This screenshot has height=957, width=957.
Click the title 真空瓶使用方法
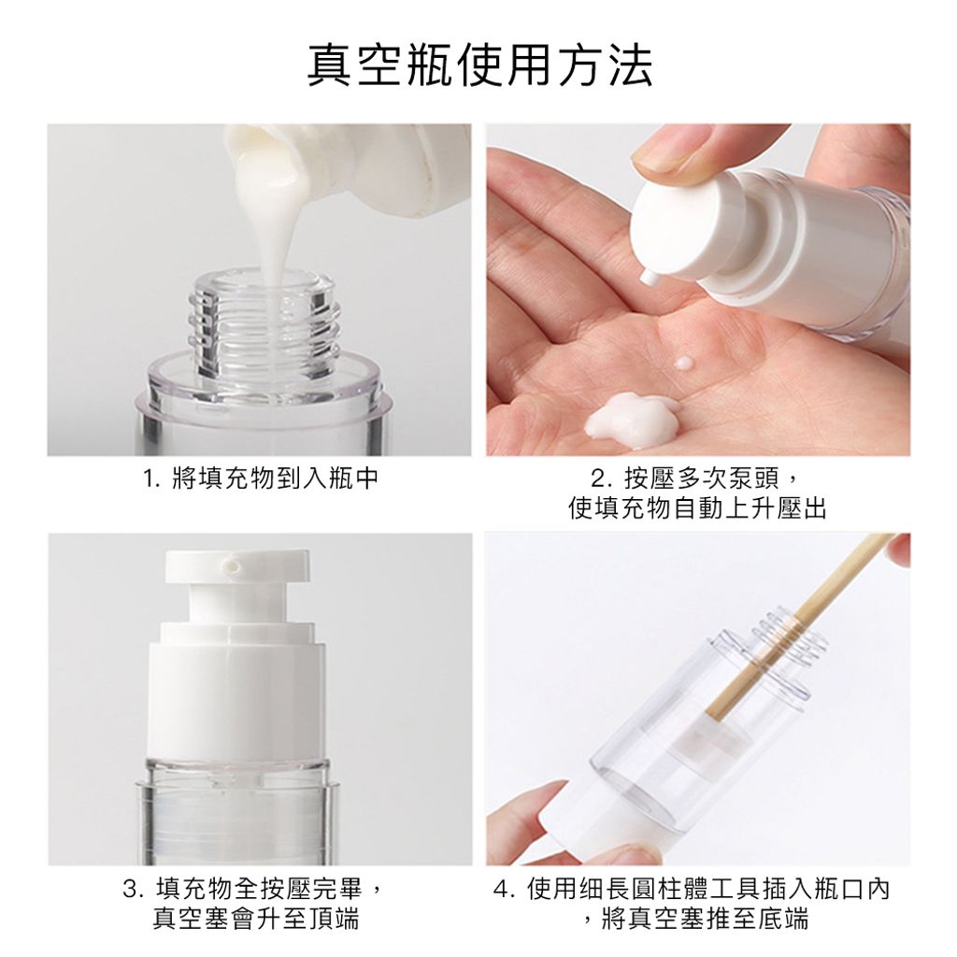(x=479, y=64)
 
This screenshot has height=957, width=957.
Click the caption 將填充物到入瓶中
(x=276, y=478)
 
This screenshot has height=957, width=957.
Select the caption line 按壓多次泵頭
(x=701, y=479)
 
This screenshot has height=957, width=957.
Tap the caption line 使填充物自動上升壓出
(x=697, y=507)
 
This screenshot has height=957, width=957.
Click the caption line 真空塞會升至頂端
(x=255, y=918)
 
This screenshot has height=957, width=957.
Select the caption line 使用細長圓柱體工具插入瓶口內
(x=708, y=889)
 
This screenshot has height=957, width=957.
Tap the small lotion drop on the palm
(x=683, y=364)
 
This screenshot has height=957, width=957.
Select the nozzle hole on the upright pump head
(x=233, y=565)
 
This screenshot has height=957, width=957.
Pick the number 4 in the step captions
(x=502, y=890)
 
